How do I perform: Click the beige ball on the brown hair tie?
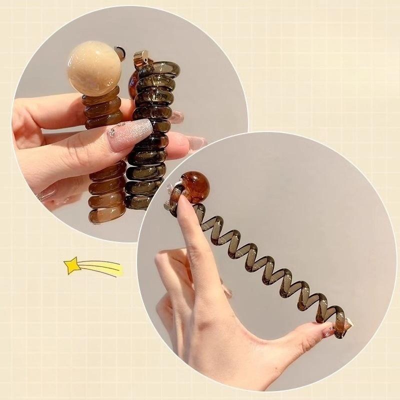(x=94, y=68)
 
